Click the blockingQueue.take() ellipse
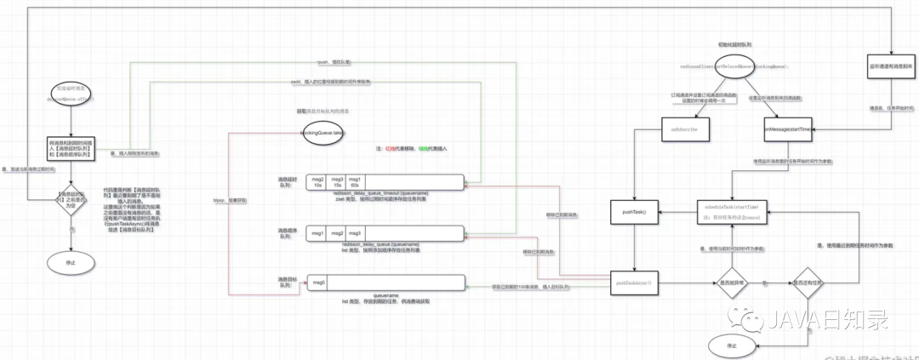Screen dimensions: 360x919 pos(323,134)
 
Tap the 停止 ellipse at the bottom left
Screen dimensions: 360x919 pos(70,264)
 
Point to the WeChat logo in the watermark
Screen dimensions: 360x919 pos(752,319)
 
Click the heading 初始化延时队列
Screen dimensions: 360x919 pos(734,43)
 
